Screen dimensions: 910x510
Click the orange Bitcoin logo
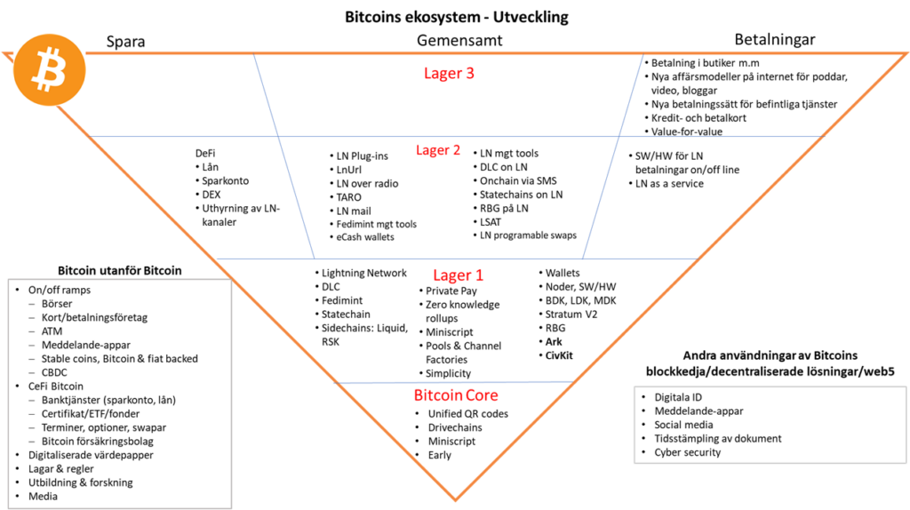pos(50,69)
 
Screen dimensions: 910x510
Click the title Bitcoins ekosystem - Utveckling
pos(457,17)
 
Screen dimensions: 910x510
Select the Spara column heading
pos(125,42)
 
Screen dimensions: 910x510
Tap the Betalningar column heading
pos(775,39)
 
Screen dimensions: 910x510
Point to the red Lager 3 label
pos(449,73)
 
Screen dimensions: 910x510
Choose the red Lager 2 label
pos(438,150)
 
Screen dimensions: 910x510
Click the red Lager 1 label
pos(458,275)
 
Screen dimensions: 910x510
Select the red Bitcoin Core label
pos(456,395)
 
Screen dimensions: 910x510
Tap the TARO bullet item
pos(348,197)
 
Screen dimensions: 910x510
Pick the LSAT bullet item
pos(491,222)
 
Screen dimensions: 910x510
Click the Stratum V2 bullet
pos(571,315)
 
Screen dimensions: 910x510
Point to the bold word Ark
pos(554,342)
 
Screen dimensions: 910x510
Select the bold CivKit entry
pos(559,355)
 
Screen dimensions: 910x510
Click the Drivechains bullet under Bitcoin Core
pos(455,427)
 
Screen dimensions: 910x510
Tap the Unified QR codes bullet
pos(467,414)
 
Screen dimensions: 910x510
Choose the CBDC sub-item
pos(54,372)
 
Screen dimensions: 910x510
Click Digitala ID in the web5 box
pos(678,397)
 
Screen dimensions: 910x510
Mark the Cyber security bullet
pos(687,452)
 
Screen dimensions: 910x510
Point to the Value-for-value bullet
pos(687,131)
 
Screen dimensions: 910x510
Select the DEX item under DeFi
pos(211,195)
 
